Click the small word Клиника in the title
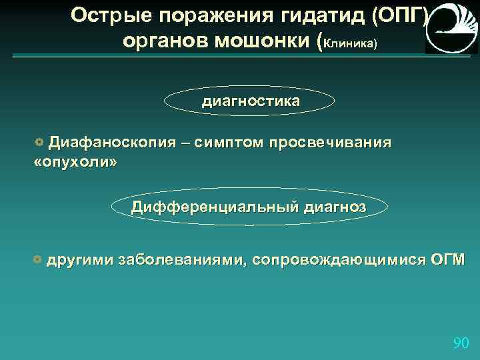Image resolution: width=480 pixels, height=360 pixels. (351, 43)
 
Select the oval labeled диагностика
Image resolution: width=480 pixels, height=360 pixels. (250, 101)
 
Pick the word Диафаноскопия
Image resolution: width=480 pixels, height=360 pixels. (113, 143)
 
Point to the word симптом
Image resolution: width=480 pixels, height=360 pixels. (231, 143)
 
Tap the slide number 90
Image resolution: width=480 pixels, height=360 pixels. (461, 343)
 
